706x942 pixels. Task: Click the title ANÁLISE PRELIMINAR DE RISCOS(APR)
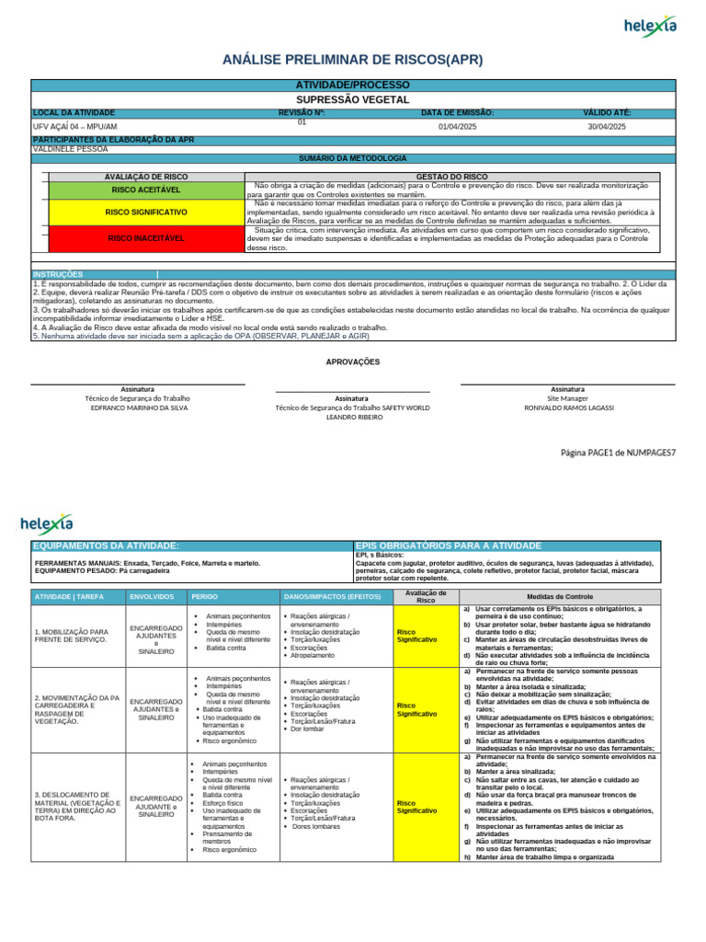[x=353, y=60]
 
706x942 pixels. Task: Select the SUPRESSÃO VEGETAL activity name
[x=353, y=98]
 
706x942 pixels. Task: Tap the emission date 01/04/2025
[x=457, y=126]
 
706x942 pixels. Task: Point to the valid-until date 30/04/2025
[x=607, y=126]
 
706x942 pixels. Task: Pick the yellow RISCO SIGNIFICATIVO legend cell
[x=146, y=212]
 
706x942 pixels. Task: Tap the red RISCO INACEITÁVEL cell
[x=146, y=238]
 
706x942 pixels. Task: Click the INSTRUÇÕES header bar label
[x=58, y=274]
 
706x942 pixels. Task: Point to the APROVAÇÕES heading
[x=353, y=362]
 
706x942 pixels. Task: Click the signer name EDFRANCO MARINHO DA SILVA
[x=139, y=408]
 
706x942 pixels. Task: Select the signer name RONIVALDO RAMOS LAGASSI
[x=567, y=408]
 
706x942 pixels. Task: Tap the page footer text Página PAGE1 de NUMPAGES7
[x=618, y=453]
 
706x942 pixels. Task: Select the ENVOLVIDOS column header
[x=152, y=597]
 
